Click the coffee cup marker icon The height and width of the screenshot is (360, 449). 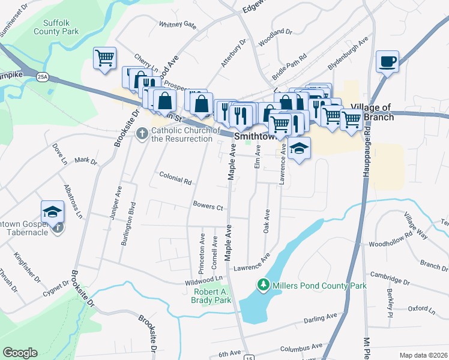point(388,61)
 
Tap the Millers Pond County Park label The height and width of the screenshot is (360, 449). point(319,286)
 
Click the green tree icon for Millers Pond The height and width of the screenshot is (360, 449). point(262,284)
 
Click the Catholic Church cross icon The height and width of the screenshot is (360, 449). point(142,133)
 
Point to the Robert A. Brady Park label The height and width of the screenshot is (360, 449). point(212,295)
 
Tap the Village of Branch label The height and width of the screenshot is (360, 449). point(372,112)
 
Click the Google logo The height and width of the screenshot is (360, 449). point(20,353)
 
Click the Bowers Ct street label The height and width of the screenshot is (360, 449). point(208,206)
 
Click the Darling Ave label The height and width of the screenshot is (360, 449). point(321,317)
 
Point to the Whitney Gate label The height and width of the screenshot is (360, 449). point(178,25)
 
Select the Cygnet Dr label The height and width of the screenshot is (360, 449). point(55,287)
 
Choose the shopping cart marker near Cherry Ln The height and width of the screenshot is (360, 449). point(104,58)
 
